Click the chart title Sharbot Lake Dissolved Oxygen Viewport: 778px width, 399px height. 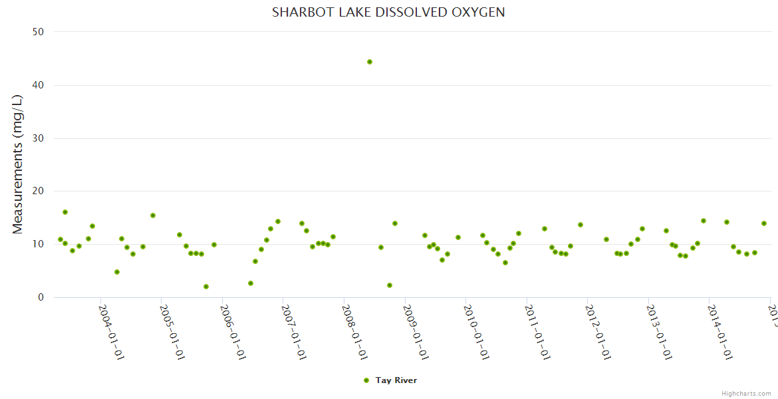[388, 13]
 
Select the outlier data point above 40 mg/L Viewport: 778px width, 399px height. [370, 62]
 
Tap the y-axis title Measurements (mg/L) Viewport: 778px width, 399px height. [18, 164]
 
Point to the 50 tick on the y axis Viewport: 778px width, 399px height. [39, 32]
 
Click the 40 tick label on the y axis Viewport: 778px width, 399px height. [39, 85]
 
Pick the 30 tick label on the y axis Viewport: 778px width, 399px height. [39, 138]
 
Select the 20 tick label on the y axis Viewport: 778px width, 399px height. [39, 192]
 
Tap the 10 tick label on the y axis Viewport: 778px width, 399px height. [39, 244]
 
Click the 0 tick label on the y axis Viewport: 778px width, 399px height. [41, 297]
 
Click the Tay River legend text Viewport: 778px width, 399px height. [396, 380]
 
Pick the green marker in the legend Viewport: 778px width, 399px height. [366, 380]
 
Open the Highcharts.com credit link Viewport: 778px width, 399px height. [746, 393]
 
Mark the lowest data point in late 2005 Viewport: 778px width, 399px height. [206, 287]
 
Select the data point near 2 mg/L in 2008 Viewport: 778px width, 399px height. [390, 285]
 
